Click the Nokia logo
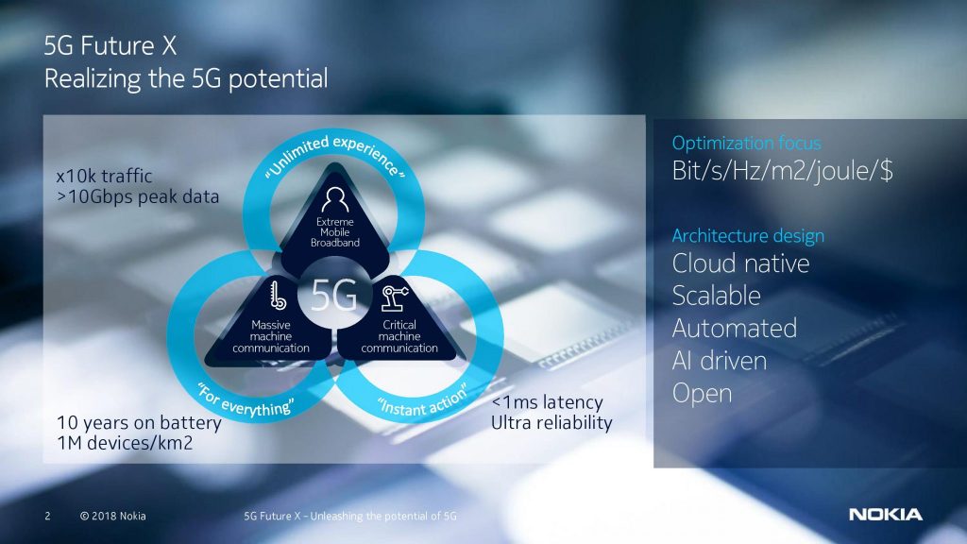886,515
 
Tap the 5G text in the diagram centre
333,295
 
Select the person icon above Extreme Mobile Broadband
335,199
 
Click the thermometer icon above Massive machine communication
278,295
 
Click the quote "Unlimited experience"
335,154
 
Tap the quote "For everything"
246,400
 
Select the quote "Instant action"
423,400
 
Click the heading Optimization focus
746,144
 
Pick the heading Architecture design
748,235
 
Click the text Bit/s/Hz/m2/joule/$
782,171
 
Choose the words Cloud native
740,263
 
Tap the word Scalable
716,296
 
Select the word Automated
734,328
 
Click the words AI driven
719,361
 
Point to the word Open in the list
702,394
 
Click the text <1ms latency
547,402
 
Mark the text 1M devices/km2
125,443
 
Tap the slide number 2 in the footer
47,516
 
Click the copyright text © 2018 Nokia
113,516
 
